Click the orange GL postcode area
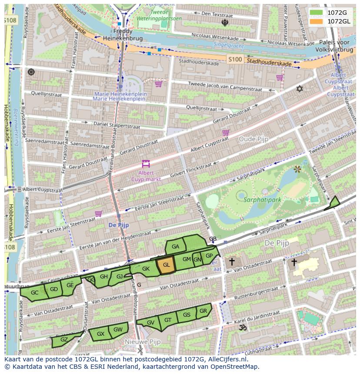pos(166,265)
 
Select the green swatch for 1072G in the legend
pos(317,13)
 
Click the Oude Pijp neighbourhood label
pos(253,139)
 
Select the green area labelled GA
pos(176,247)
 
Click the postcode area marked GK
pos(146,269)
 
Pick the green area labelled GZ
pos(63,340)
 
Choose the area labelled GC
pos(34,293)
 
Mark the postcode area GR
pos(203,311)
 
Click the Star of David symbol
pos(299,89)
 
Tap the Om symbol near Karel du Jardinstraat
pos(243,328)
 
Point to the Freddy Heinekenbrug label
pos(117,35)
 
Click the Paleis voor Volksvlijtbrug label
pos(334,46)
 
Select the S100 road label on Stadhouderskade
pos(235,60)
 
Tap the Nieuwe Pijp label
pos(140,342)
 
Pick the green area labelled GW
pos(118,330)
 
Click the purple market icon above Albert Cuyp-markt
pos(146,164)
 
